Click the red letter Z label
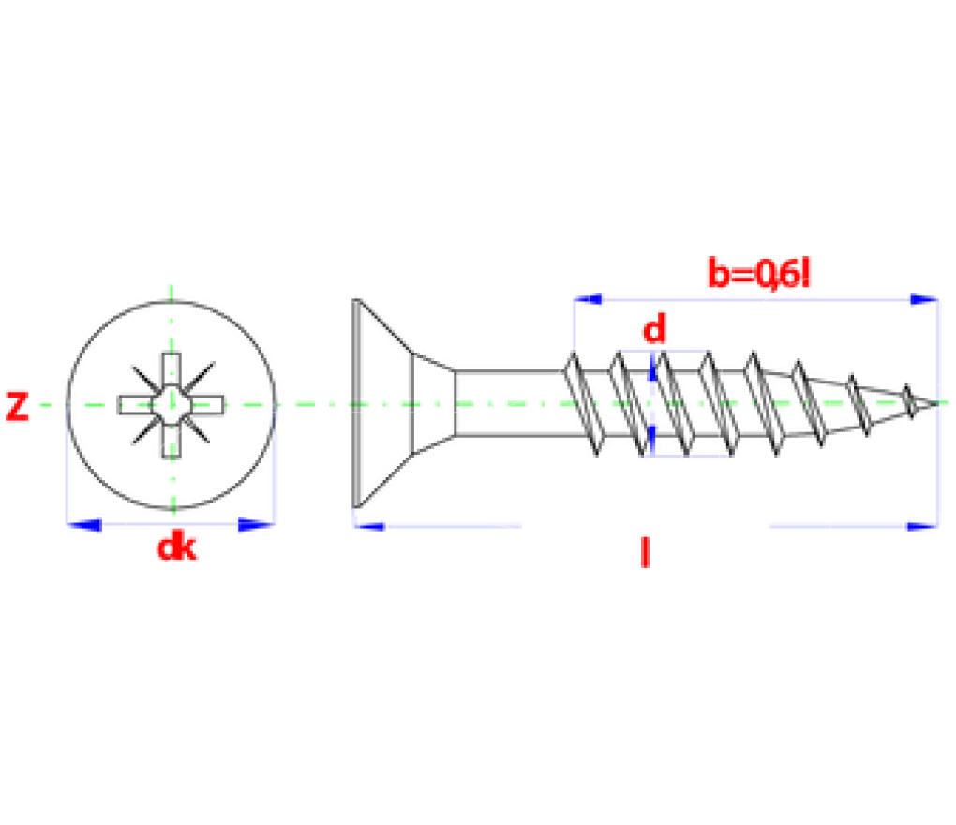(x=17, y=407)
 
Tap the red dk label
(x=177, y=547)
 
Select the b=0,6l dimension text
(x=759, y=274)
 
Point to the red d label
(x=654, y=330)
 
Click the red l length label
(x=645, y=552)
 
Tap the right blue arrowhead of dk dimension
(x=257, y=525)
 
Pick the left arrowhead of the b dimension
(x=588, y=299)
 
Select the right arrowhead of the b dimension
(x=924, y=299)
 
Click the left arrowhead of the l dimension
(x=369, y=526)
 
